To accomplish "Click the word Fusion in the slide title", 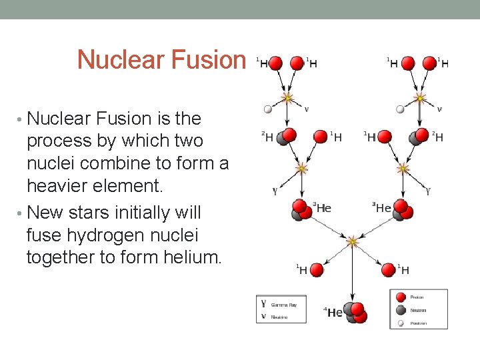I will (x=209, y=60).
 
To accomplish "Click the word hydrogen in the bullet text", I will (x=106, y=235).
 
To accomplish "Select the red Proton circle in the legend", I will (x=401, y=297).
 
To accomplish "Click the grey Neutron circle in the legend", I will (x=401, y=310).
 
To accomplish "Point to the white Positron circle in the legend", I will (x=401, y=323).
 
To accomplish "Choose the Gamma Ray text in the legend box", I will (x=283, y=304).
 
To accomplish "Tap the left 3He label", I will (x=322, y=208).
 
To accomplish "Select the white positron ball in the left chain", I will (x=268, y=109).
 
